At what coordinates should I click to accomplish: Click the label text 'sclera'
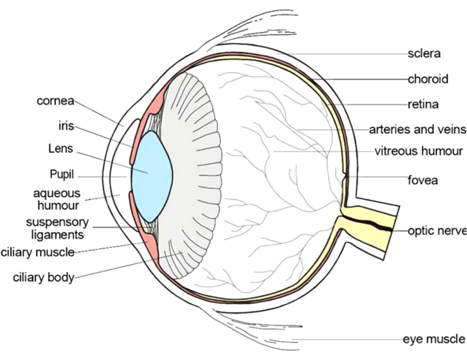coord(424,54)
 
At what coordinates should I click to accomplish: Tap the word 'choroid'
coord(428,79)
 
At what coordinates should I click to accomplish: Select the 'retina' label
coord(423,104)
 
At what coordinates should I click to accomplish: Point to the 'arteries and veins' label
coord(417,130)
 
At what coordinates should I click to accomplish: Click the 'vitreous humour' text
coord(419,151)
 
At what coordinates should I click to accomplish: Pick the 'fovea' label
coord(422,180)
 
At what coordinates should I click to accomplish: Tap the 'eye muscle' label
coord(434,339)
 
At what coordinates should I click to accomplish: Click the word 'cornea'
coord(55,101)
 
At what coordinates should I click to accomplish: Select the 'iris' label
coord(66,126)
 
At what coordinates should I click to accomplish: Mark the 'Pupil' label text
coord(62,175)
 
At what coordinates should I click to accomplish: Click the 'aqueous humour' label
coord(57,200)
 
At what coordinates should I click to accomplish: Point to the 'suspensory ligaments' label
coord(57,229)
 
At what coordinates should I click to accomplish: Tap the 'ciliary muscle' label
coord(37,252)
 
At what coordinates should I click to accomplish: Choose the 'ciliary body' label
coord(44,278)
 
